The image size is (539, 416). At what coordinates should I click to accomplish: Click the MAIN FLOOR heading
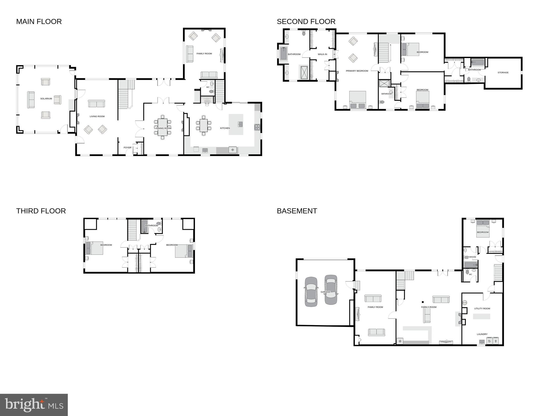39,22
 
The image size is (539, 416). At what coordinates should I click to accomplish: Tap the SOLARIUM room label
46,99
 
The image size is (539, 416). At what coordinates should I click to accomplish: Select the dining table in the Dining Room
163,127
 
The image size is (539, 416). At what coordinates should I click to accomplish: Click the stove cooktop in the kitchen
257,127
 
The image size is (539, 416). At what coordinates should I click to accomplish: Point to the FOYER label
127,148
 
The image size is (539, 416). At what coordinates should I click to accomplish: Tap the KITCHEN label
225,128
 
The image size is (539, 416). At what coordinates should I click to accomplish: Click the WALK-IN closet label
322,54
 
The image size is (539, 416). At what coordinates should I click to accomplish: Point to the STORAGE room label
503,73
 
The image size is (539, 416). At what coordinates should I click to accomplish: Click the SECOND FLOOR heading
306,22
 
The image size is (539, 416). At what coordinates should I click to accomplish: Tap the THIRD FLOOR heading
41,211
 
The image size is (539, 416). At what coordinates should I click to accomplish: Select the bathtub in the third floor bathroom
144,227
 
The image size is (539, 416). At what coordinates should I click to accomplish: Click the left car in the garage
311,292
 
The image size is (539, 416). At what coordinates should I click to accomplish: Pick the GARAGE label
325,292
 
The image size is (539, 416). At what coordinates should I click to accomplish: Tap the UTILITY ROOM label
482,309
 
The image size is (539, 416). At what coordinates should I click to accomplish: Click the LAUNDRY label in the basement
482,334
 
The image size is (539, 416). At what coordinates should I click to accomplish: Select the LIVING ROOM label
97,116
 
